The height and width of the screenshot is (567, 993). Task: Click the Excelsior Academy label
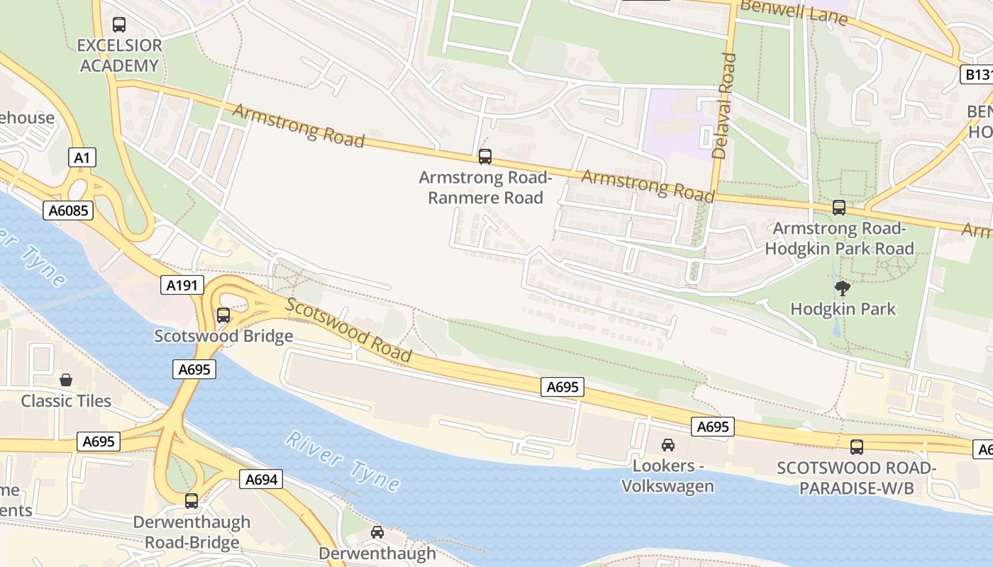(119, 55)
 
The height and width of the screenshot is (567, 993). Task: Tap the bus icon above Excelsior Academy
(119, 25)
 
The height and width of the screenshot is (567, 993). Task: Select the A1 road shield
(82, 157)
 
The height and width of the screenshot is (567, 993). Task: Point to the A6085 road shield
(67, 210)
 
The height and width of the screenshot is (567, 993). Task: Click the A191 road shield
(182, 286)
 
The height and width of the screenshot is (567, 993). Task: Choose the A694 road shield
(261, 479)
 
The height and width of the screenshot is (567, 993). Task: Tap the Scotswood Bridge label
(223, 336)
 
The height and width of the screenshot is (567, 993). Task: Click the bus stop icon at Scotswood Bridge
(223, 315)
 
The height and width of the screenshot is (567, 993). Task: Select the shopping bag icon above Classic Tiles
(66, 380)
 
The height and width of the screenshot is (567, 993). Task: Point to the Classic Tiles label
(66, 401)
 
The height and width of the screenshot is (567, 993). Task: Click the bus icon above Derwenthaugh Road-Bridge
(192, 501)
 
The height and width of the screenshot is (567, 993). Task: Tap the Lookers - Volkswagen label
(667, 476)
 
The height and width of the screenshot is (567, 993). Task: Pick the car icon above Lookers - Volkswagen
(667, 445)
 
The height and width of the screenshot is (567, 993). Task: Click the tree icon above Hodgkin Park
(843, 288)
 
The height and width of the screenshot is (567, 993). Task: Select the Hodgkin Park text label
(843, 309)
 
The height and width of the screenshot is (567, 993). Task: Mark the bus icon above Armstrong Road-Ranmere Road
(485, 157)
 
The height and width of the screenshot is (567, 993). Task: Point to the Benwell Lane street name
(793, 12)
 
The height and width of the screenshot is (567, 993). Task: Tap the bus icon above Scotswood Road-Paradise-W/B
(857, 447)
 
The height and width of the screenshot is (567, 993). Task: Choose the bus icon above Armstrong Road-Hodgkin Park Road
(839, 208)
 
